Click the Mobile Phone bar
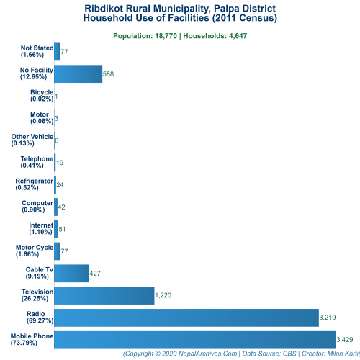click(194, 339)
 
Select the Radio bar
click(186, 318)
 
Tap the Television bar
click(104, 295)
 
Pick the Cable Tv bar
click(71, 273)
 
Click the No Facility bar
click(78, 73)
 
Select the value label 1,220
click(165, 296)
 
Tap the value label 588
click(109, 74)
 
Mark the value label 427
click(96, 274)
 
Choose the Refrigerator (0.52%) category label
click(34, 184)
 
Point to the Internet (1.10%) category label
click(40, 229)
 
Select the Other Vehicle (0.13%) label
click(32, 140)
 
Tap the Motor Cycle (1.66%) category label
click(34, 251)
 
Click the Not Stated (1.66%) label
click(37, 51)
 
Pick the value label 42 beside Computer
click(62, 207)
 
